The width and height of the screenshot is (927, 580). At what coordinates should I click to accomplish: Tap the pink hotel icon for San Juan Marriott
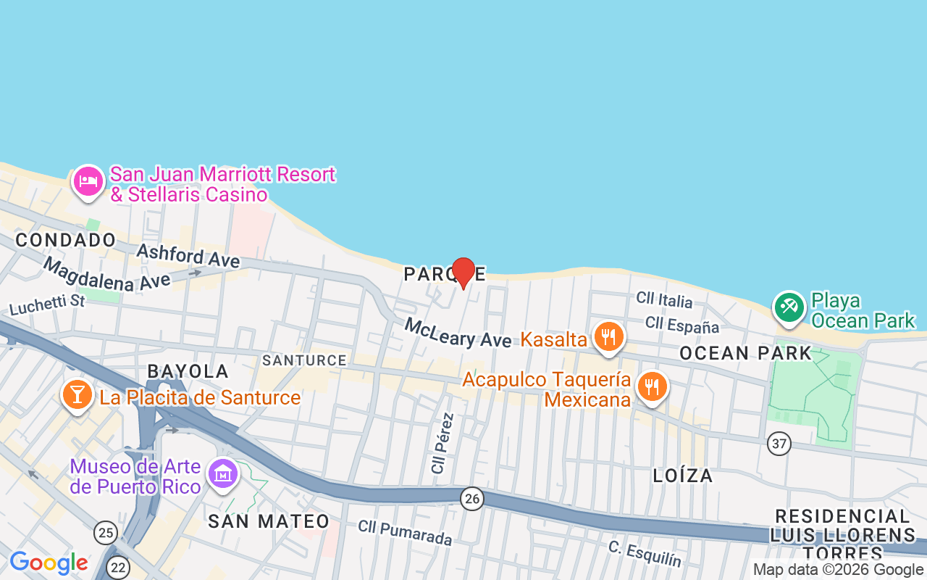tap(88, 181)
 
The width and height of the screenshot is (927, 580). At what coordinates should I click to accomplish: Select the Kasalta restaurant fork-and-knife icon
tap(609, 338)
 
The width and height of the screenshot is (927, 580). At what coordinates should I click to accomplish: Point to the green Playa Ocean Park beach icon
tap(789, 307)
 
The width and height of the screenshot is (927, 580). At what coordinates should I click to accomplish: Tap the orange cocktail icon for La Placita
tap(76, 395)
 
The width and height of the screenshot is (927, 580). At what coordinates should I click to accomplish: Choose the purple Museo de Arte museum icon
tap(222, 474)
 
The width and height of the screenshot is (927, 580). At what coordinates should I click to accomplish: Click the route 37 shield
tap(779, 444)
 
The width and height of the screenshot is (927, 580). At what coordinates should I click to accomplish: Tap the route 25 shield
tap(106, 534)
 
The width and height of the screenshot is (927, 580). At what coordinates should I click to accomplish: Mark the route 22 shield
tap(117, 568)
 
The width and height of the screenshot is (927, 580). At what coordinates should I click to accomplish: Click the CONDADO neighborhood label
tap(66, 240)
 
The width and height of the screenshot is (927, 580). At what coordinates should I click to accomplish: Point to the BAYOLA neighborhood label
tap(188, 371)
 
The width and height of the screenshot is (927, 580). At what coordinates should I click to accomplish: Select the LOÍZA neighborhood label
tap(682, 476)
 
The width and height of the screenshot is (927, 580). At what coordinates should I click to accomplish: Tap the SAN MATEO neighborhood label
tap(269, 521)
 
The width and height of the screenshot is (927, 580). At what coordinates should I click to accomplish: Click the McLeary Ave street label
tap(458, 333)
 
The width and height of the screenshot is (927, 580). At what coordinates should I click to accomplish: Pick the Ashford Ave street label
tap(188, 255)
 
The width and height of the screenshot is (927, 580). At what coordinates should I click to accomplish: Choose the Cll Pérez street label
tap(442, 443)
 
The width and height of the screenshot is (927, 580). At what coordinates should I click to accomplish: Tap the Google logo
tap(49, 563)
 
